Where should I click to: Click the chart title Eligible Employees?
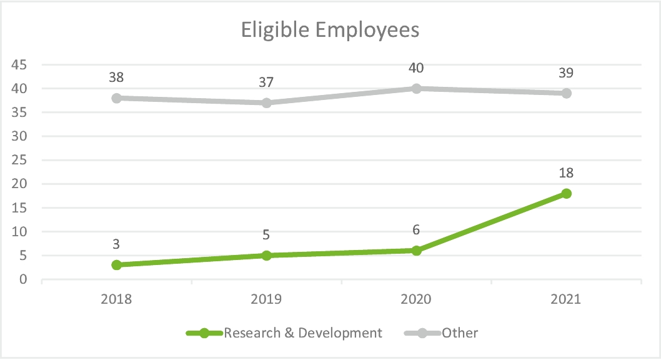pos(330,29)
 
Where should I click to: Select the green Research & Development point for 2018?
pos(116,265)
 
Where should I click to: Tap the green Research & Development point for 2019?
pos(266,255)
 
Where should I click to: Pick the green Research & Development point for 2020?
pos(416,251)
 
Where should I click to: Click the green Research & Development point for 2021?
pos(566,193)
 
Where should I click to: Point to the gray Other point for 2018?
pos(116,98)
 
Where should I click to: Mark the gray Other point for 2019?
pos(266,102)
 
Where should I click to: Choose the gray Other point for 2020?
pos(416,88)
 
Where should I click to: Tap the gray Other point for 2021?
pos(566,93)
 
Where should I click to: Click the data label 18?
pos(566,173)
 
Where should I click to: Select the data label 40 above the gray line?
pos(416,68)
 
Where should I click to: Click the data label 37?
pos(266,82)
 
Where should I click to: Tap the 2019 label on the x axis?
pos(266,299)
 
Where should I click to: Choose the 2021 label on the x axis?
pos(566,299)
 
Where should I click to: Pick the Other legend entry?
pos(460,332)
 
